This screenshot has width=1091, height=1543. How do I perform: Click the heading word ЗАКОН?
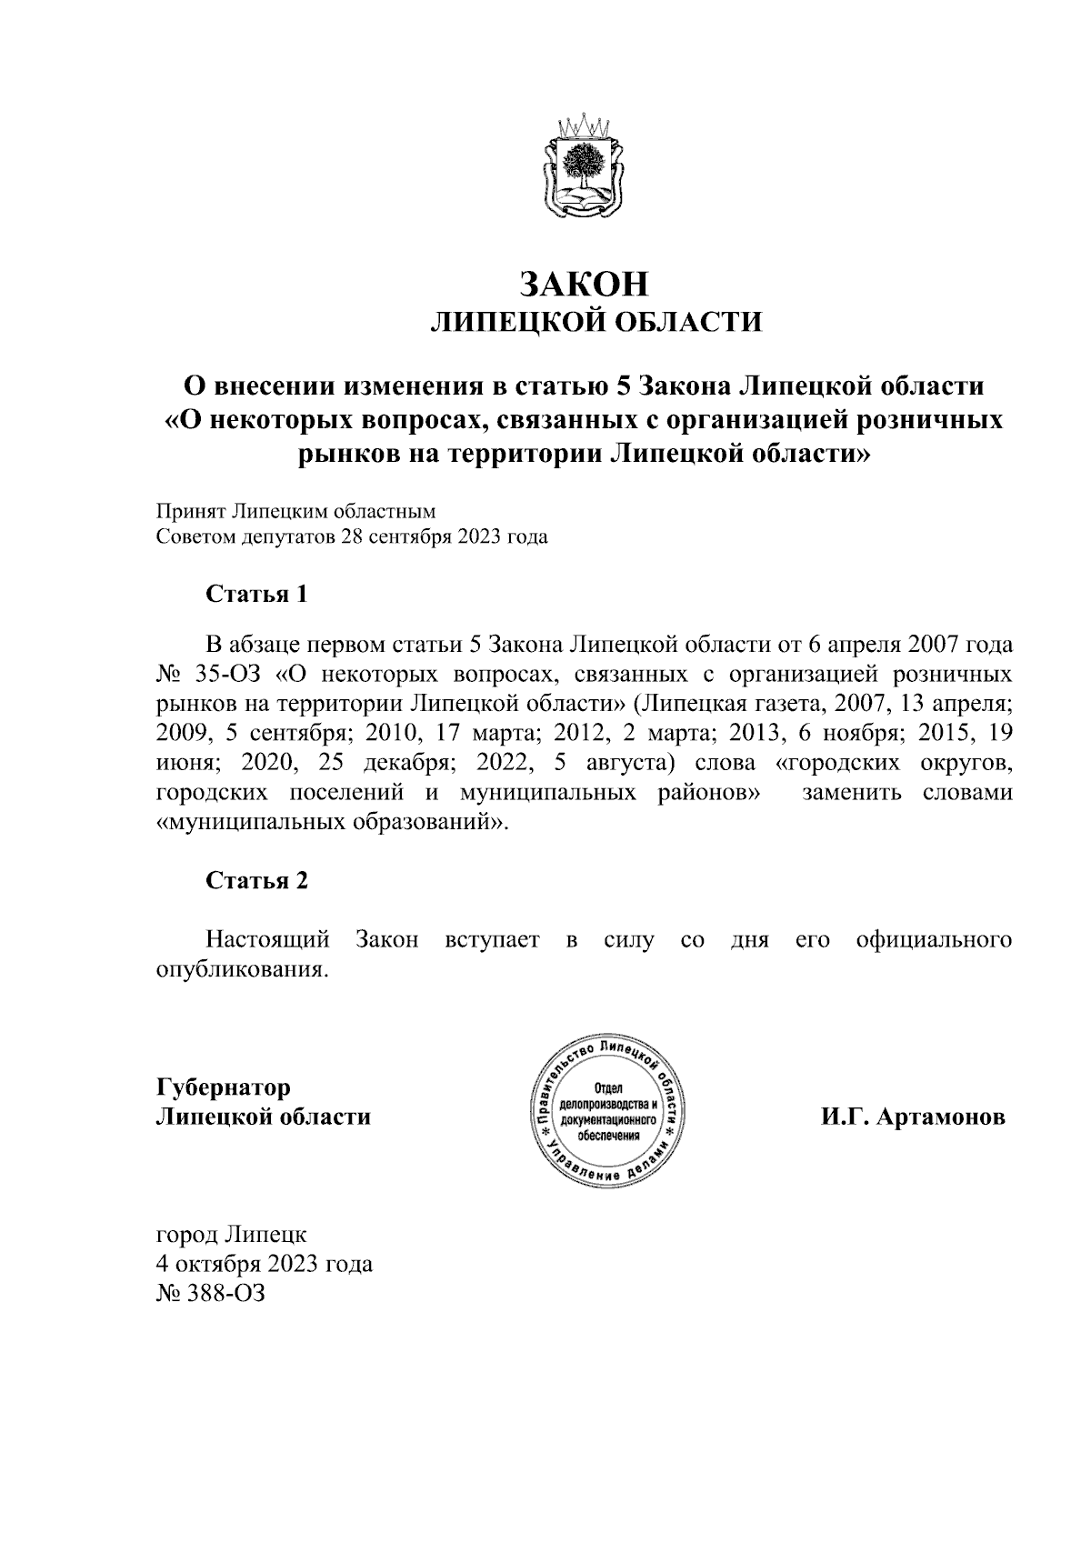pos(585,284)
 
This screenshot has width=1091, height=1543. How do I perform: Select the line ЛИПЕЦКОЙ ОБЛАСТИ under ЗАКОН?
pos(596,322)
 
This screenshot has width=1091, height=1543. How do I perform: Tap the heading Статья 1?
pos(256,595)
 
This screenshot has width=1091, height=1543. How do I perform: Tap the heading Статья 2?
pos(256,880)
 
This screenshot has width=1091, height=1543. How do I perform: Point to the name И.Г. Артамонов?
pos(913,1117)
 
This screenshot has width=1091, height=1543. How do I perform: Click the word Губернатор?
pos(224,1087)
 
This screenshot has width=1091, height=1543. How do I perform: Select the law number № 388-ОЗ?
pos(210,1293)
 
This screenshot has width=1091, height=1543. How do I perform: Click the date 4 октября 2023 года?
pos(265,1264)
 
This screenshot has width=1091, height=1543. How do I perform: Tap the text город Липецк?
pos(232,1235)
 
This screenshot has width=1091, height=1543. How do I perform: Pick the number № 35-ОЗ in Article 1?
pos(208,675)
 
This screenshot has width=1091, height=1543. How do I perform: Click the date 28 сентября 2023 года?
pos(444,536)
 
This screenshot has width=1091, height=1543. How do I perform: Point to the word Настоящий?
pos(267,939)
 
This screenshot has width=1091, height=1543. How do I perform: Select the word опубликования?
pos(241,969)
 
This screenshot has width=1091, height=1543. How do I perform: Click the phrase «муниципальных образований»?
pos(333,823)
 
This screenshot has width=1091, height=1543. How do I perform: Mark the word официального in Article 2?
pos(935,939)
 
